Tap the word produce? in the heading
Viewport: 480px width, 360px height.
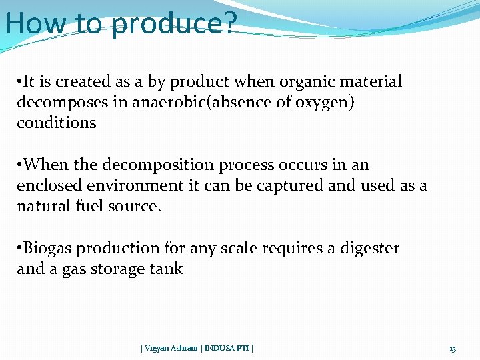(175, 24)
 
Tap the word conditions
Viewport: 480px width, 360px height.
(56, 123)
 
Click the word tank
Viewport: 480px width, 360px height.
(168, 269)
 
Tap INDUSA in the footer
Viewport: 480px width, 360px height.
(219, 348)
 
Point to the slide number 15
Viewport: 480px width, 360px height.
(452, 349)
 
